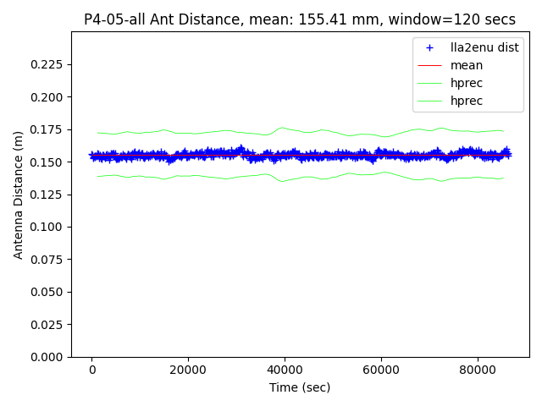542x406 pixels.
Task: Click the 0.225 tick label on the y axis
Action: coord(50,64)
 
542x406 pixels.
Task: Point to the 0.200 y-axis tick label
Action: coord(50,97)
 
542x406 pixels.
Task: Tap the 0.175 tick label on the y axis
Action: coord(50,129)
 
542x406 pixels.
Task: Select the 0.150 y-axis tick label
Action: coord(50,162)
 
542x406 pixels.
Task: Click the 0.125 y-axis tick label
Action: coord(50,195)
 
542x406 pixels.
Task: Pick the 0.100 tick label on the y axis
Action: coord(50,227)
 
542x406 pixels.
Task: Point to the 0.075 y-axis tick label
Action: coord(50,260)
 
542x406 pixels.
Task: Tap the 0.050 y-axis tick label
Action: coord(50,292)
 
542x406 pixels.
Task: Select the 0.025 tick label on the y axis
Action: coord(50,324)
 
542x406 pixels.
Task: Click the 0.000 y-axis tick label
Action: coord(50,357)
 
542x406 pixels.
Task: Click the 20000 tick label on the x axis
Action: coord(188,370)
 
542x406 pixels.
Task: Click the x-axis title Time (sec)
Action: coord(300,387)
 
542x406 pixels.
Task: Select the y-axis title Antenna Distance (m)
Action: coord(18,195)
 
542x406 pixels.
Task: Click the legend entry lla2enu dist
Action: coord(484,47)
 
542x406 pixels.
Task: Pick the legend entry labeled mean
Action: coord(467,65)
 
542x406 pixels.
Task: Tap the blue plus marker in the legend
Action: coord(430,47)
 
